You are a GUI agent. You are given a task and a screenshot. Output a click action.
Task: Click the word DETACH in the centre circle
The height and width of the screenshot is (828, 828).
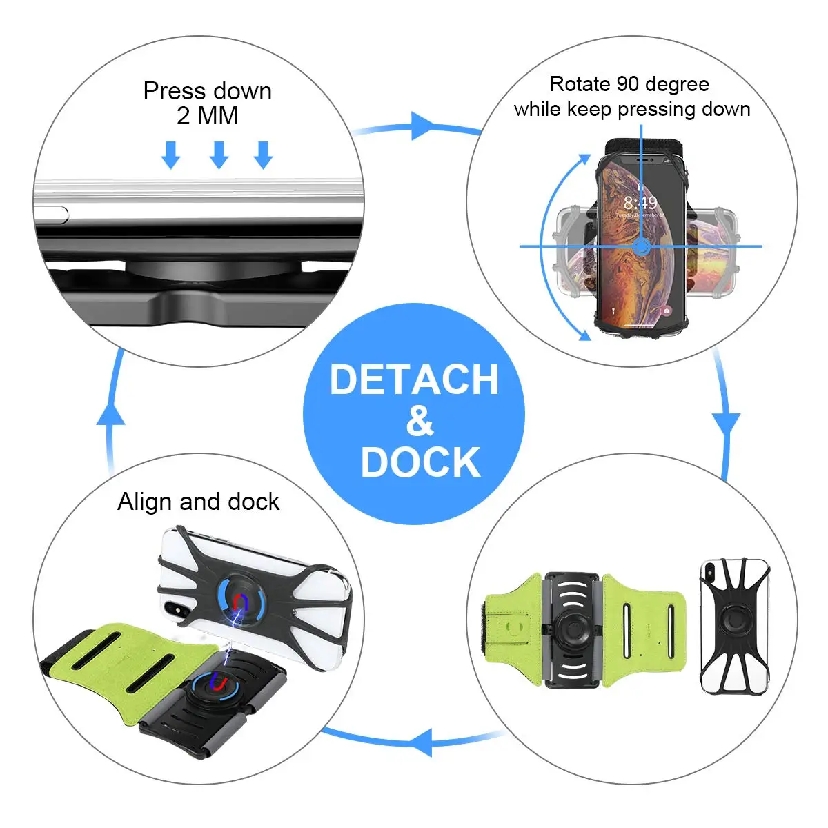414,379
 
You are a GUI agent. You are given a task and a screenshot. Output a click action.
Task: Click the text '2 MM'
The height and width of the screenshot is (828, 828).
207,116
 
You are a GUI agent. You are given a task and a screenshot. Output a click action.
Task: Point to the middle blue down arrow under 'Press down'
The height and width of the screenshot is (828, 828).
219,155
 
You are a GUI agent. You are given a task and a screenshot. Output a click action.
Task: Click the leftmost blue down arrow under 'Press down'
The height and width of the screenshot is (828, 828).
170,155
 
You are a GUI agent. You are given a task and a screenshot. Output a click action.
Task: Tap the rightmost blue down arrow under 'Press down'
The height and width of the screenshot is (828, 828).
263,155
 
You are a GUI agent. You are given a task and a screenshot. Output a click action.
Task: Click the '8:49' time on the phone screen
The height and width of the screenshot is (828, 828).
640,203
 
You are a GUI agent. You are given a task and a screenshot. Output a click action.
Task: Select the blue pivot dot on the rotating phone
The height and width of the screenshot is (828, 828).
641,246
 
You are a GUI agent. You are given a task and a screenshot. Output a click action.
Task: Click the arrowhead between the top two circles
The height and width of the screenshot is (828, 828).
423,126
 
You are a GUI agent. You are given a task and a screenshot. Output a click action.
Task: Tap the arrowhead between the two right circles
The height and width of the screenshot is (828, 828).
726,426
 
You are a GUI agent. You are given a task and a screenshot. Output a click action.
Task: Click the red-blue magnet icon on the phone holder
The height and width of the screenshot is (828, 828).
239,602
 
